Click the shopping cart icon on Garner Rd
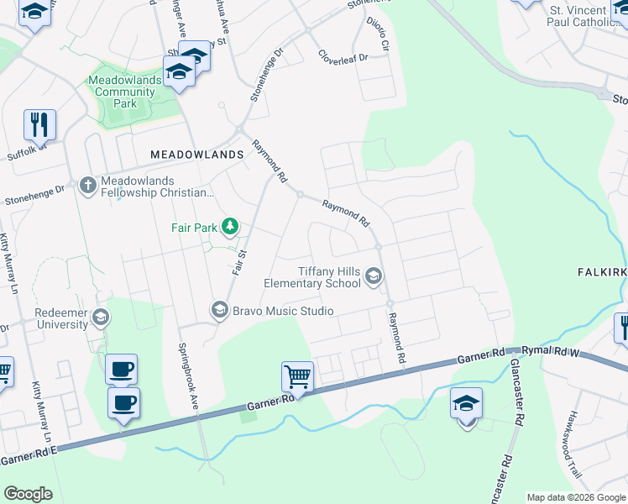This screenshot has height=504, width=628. pyautogui.click(x=298, y=376)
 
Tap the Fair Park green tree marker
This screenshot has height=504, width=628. pyautogui.click(x=228, y=227)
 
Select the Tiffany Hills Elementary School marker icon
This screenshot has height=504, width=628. pyautogui.click(x=374, y=276)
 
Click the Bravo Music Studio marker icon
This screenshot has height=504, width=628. pyautogui.click(x=219, y=311)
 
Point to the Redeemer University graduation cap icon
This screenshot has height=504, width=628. pyautogui.click(x=101, y=317)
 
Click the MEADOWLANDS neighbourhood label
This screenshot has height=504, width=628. pyautogui.click(x=196, y=155)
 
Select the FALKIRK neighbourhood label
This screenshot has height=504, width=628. pyautogui.click(x=602, y=272)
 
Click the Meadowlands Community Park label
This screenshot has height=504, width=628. pyautogui.click(x=124, y=92)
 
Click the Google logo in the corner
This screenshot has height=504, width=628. pyautogui.click(x=28, y=494)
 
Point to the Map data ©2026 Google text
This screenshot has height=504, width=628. pyautogui.click(x=576, y=497)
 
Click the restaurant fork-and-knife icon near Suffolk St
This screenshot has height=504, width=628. pyautogui.click(x=39, y=124)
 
